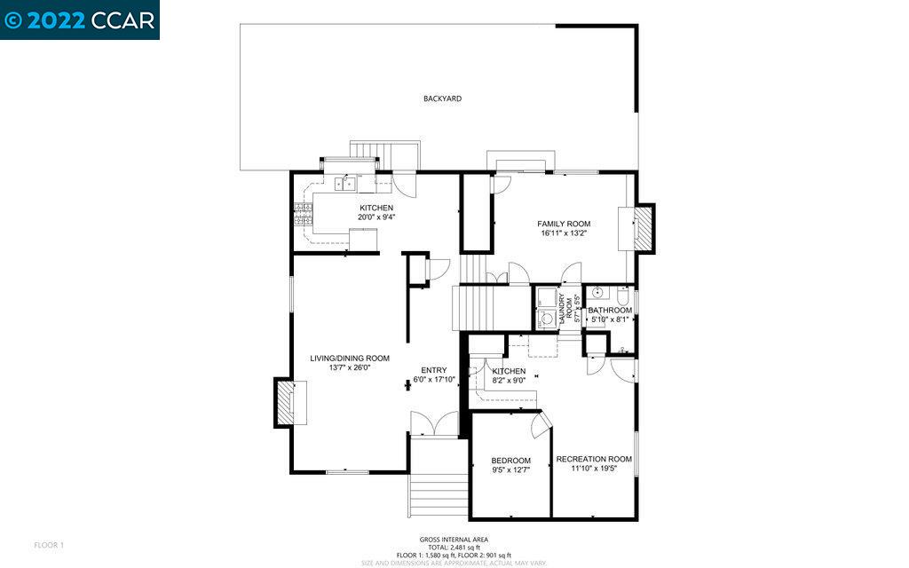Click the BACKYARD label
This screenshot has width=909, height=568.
point(442,99)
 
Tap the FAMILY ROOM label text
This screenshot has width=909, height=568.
point(563,224)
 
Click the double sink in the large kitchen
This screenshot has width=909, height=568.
point(345,184)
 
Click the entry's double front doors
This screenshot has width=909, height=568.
point(433,425)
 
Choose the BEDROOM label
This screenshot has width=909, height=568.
point(510,461)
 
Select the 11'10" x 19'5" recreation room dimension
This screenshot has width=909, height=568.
point(593,470)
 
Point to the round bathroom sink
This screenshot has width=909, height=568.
point(599,292)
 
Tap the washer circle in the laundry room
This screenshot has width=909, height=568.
point(543,316)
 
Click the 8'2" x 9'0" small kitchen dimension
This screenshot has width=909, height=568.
point(509,381)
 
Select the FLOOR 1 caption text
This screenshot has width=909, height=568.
point(49,544)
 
